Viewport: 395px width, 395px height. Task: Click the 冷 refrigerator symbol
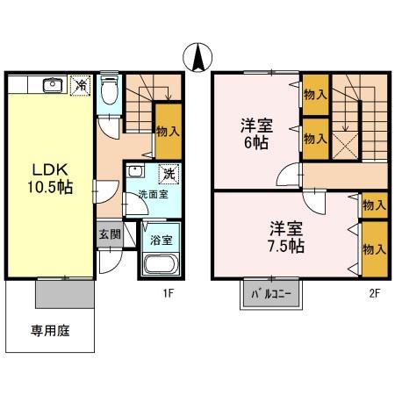(x=81, y=85)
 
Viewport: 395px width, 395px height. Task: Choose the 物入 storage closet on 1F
(x=168, y=130)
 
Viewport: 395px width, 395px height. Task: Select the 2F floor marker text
(x=374, y=296)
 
